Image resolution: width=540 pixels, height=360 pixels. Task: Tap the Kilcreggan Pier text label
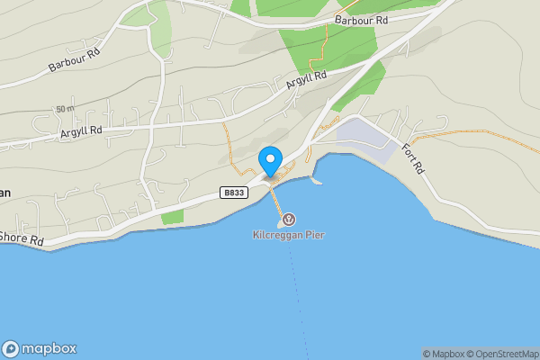click(288, 236)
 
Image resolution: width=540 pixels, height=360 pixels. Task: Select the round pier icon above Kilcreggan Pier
click(288, 220)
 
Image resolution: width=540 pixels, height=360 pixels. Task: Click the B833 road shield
click(233, 193)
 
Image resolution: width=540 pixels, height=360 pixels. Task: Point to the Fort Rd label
click(412, 158)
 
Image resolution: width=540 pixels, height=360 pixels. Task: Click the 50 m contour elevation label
click(64, 109)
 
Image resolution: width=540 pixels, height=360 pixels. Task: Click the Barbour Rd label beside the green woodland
click(361, 20)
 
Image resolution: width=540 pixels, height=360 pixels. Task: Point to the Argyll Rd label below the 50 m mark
click(81, 131)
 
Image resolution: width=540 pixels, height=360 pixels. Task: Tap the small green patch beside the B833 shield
click(172, 217)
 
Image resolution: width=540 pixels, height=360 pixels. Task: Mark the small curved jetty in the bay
click(315, 180)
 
